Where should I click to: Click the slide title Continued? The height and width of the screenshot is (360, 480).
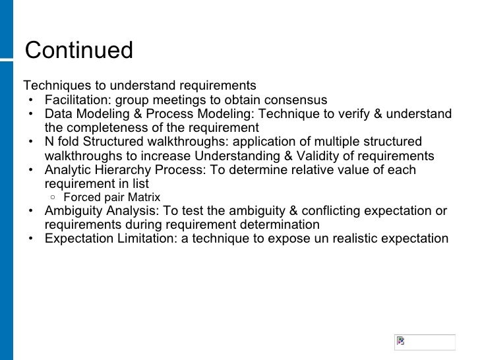(x=78, y=50)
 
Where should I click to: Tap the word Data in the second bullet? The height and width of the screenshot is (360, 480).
(x=57, y=114)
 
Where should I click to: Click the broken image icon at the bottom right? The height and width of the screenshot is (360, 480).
(x=400, y=342)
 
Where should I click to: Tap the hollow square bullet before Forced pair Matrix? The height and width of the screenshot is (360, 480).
(x=52, y=197)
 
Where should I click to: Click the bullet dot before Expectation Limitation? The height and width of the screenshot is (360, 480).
(x=32, y=239)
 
